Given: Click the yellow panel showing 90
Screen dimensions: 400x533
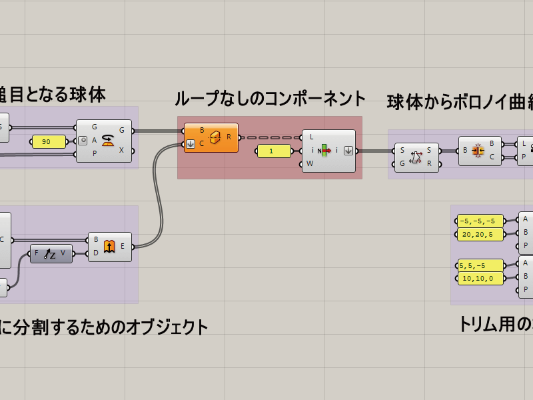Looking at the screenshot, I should point(49,141).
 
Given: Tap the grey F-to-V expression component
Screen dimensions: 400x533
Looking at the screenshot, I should point(51,253).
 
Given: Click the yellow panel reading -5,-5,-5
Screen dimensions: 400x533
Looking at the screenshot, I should point(480,221).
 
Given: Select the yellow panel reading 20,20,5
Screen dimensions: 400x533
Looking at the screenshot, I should point(480,234).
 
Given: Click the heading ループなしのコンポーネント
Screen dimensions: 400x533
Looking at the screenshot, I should point(270,99).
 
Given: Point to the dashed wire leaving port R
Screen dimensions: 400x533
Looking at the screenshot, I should point(270,137).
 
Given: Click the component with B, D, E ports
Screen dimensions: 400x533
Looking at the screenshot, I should point(110,247).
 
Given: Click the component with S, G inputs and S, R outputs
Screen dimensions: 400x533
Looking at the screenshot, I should point(416,157).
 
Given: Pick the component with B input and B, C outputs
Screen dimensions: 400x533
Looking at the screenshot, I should point(479,151).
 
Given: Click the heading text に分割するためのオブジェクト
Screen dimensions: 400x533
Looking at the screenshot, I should point(103,327).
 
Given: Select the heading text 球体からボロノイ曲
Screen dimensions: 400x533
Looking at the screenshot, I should point(460,102).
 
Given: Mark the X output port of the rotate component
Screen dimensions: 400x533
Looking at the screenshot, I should point(133,151).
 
